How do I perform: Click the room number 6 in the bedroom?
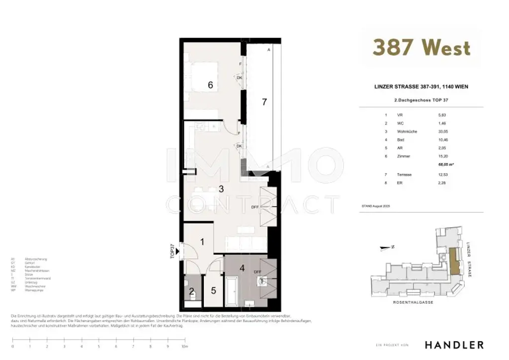click(210, 86)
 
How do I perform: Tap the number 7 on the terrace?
click(265, 102)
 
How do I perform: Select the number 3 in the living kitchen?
click(221, 188)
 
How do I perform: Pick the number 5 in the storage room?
click(213, 291)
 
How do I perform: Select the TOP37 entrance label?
click(172, 251)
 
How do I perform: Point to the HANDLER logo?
click(454, 345)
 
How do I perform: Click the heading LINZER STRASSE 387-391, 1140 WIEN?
click(421, 87)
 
